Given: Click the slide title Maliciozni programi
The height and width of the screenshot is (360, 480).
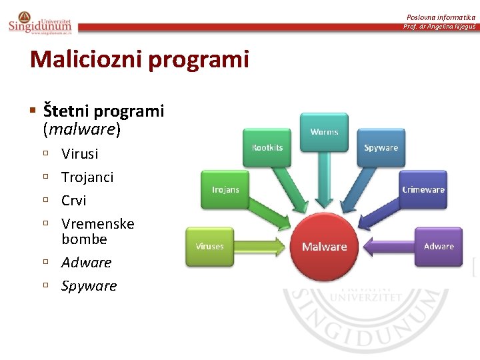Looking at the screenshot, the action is [139, 59].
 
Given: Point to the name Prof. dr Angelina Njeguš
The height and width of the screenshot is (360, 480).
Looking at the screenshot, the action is [439, 27].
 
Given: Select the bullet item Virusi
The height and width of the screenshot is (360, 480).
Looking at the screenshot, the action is [79, 154].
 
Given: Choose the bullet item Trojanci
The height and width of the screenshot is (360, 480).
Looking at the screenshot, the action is [87, 177].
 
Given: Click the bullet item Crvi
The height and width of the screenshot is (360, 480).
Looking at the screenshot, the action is [74, 201].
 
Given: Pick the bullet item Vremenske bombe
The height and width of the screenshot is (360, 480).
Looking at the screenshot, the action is [97, 231].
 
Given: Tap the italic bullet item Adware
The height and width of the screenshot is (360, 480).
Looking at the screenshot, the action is [86, 263].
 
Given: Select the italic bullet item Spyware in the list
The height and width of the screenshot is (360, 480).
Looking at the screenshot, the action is [89, 286].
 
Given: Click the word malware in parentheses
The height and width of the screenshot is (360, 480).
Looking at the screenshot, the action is [81, 129].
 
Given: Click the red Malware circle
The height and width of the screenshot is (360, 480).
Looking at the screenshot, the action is [324, 247].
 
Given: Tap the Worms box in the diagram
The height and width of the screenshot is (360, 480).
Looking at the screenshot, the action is [324, 132].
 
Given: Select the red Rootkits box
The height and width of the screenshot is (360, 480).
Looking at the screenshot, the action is [267, 148].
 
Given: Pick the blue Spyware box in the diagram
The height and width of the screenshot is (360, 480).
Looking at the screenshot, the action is [381, 148].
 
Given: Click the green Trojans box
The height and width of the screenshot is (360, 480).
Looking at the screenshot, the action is [225, 190].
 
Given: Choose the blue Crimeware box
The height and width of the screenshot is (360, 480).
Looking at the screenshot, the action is [423, 190].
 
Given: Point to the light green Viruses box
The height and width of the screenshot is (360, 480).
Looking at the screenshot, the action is [209, 247].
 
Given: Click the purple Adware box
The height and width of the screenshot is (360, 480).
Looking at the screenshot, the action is [438, 247].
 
